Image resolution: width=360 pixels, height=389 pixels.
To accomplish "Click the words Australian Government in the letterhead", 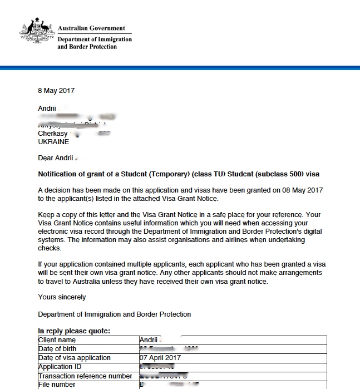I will pos(91,28).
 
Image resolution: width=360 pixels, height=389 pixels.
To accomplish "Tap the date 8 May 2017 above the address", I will pos(56,91).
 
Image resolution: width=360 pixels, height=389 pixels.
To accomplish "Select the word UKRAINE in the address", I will pos(53,142).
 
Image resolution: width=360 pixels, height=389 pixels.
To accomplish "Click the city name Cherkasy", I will pos(53,134).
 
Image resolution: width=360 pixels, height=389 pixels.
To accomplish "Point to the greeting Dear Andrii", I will pos(56,158).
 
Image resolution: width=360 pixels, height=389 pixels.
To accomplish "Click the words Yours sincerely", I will pos(62,297).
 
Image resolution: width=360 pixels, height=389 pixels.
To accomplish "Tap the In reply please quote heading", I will pos(74,331).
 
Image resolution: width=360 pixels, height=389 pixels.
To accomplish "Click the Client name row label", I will pos(57,339).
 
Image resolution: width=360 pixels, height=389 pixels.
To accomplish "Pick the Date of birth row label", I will pos(57,349).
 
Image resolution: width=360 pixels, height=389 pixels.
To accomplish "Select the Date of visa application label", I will pos(74,358).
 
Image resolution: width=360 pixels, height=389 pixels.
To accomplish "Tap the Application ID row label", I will pos(56,367).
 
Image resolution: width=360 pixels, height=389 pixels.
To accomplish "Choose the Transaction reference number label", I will pos(85,376).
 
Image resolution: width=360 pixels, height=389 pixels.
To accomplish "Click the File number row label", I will pos(56,385).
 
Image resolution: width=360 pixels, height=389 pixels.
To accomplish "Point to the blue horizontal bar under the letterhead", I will pos(180,68).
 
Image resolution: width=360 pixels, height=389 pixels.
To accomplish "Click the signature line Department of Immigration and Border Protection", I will pos(114,314).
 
